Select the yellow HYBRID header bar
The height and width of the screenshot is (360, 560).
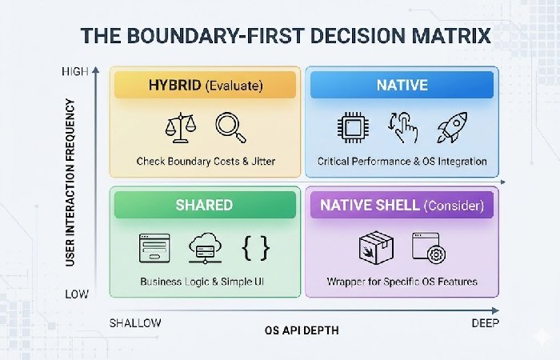point(205,85)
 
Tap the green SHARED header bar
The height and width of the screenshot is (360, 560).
point(205,206)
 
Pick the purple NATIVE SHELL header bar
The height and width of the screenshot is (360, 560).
point(402,206)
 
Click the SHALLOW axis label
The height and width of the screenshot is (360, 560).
point(134,322)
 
